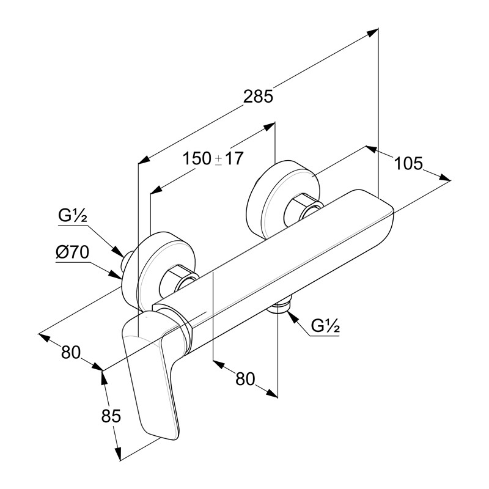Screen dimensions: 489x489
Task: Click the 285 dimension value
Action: (x=257, y=96)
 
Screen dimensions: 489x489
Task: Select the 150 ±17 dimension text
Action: (x=213, y=158)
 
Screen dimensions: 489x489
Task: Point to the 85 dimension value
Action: (x=110, y=416)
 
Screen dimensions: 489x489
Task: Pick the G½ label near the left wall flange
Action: (x=72, y=216)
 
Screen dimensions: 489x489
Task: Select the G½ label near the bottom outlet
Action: (x=325, y=326)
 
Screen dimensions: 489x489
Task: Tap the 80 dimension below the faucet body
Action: (x=244, y=379)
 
